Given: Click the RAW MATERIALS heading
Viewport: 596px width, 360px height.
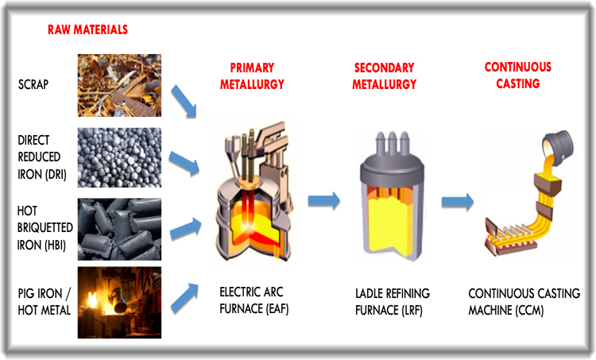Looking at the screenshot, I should pos(87,29).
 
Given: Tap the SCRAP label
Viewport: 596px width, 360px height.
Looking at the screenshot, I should pos(33,83).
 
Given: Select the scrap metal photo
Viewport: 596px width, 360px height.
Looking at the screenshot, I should pos(119,85).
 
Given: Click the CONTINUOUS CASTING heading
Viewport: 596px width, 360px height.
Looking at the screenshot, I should pos(517,75).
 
